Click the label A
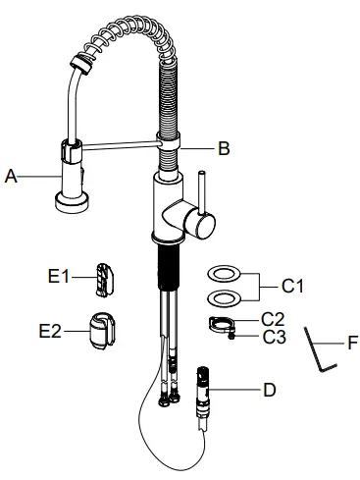12,177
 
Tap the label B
224,149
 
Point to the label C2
273,319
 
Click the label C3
273,337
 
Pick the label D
269,389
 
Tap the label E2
51,332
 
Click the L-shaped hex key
318,349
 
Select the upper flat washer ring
222,273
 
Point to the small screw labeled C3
231,337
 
